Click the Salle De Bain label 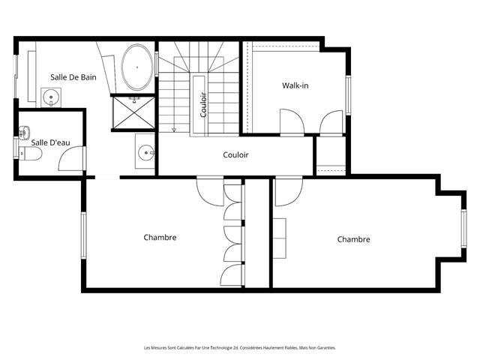click(x=73, y=77)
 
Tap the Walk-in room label click(x=295, y=85)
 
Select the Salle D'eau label click(x=50, y=142)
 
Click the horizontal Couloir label click(x=235, y=155)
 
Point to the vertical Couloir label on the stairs click(x=203, y=105)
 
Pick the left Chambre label click(x=160, y=238)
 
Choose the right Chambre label click(x=353, y=239)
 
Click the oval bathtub click(x=137, y=67)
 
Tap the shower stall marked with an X click(x=133, y=112)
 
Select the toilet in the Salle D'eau click(x=30, y=153)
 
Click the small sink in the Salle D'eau click(x=24, y=133)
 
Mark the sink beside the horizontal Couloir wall click(x=145, y=152)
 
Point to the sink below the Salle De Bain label click(x=51, y=97)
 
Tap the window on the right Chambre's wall click(x=464, y=229)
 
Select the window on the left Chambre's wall click(x=83, y=235)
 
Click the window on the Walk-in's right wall click(x=348, y=95)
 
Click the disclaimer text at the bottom click(x=240, y=348)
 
